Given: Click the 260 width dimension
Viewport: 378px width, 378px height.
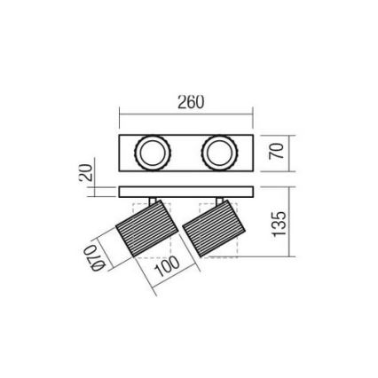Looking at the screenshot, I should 190,102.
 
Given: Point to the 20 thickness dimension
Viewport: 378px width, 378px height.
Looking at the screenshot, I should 84,173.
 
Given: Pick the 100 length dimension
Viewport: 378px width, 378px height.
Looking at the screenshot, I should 168,266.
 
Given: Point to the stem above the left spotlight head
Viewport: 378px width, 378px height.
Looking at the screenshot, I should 154,201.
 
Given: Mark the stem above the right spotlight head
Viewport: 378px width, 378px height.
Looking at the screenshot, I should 219,201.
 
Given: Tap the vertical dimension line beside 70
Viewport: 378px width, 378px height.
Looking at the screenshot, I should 289,152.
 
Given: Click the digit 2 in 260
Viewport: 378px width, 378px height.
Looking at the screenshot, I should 180,102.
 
